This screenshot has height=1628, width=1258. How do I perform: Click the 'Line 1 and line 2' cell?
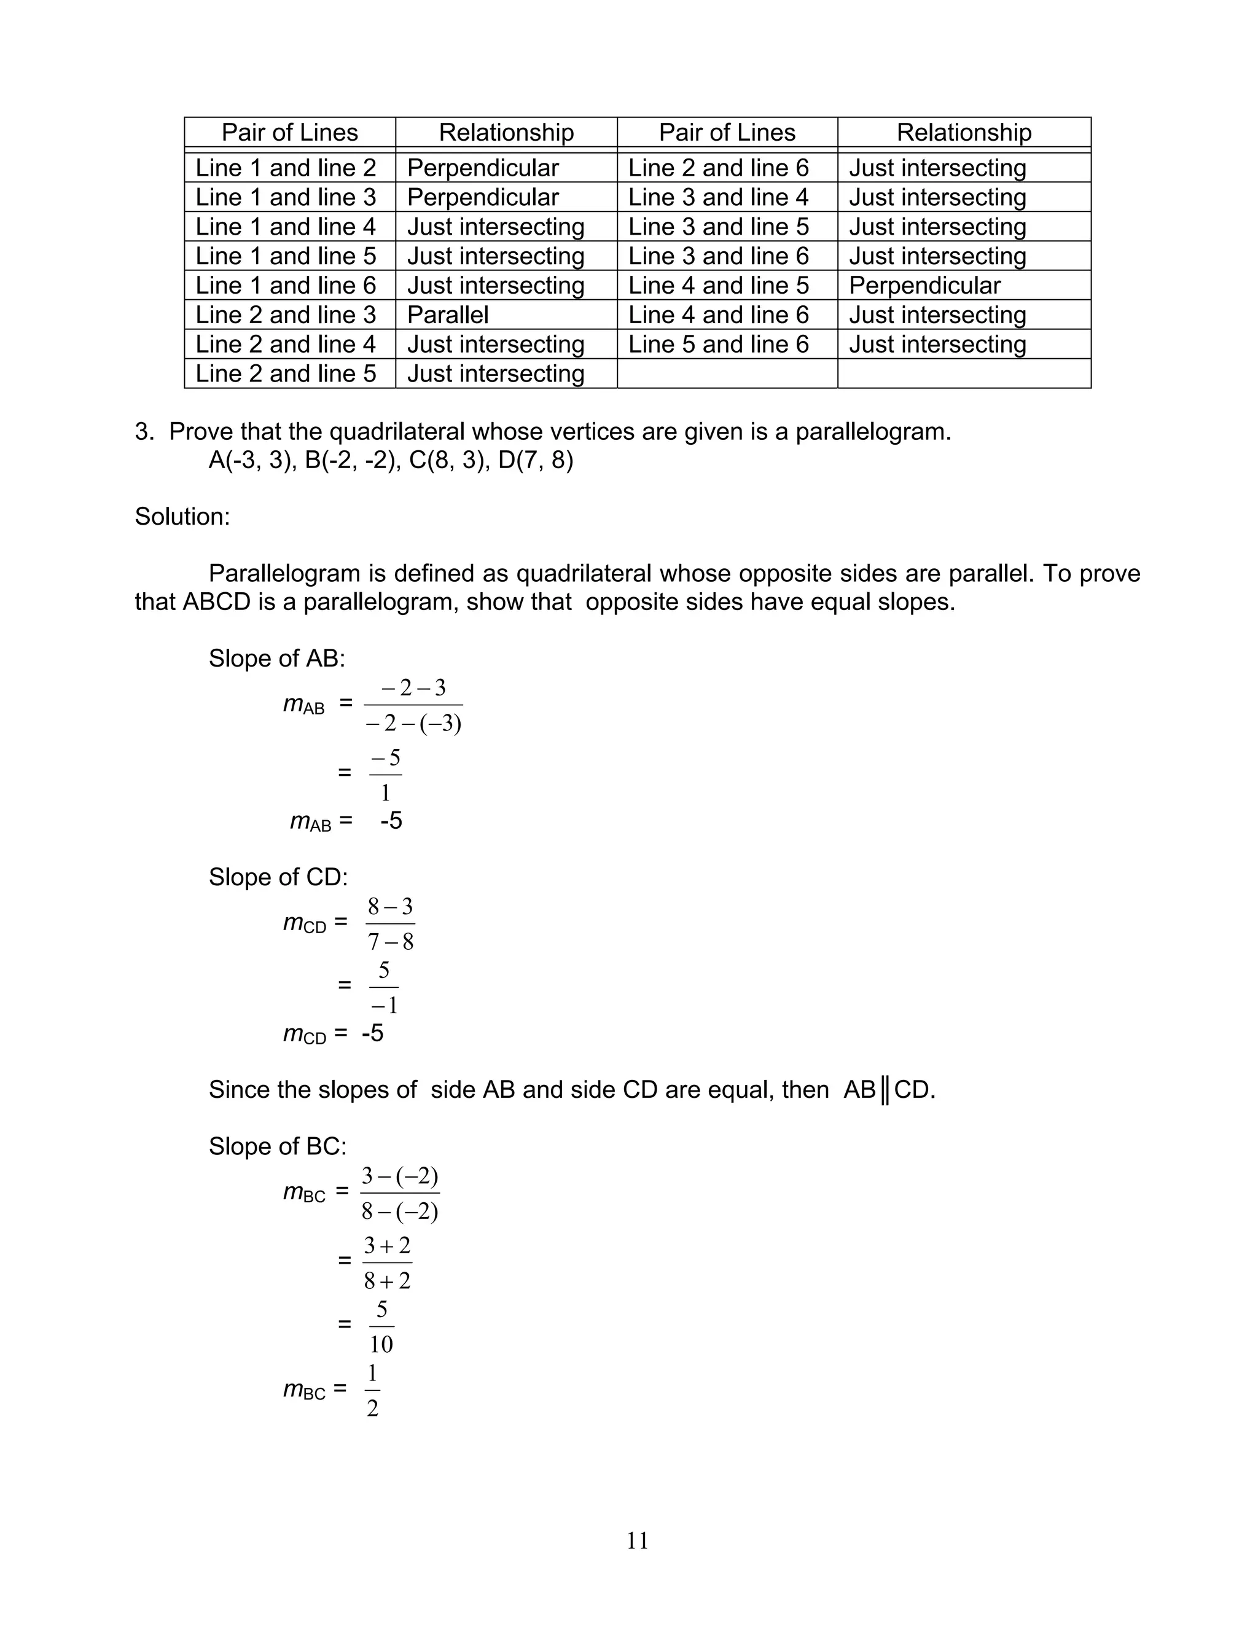[x=286, y=168]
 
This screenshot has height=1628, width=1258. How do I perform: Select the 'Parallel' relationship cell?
[x=448, y=315]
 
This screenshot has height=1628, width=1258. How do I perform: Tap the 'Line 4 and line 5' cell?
[x=719, y=286]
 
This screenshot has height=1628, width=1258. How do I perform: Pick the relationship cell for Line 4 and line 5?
[x=925, y=286]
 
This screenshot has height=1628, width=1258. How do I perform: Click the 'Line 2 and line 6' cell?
[x=719, y=168]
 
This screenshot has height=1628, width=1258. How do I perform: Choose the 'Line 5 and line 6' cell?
[x=719, y=345]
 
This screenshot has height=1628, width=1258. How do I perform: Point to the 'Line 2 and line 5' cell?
[x=286, y=374]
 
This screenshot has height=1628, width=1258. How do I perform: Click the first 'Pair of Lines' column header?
[x=290, y=133]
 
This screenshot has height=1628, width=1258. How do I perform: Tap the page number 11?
[x=637, y=1540]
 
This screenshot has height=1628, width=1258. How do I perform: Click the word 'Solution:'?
[x=182, y=517]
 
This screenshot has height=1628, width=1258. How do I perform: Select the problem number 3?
[x=143, y=432]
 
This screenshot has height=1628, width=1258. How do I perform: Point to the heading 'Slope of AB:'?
[x=276, y=658]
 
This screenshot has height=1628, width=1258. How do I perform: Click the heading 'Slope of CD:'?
[x=278, y=877]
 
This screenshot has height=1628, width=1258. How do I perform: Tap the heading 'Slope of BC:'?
[x=277, y=1146]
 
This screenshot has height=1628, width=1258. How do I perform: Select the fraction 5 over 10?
[x=381, y=1326]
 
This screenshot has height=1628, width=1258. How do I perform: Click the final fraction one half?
[x=373, y=1390]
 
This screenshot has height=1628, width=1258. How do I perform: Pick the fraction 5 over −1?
[x=384, y=988]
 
